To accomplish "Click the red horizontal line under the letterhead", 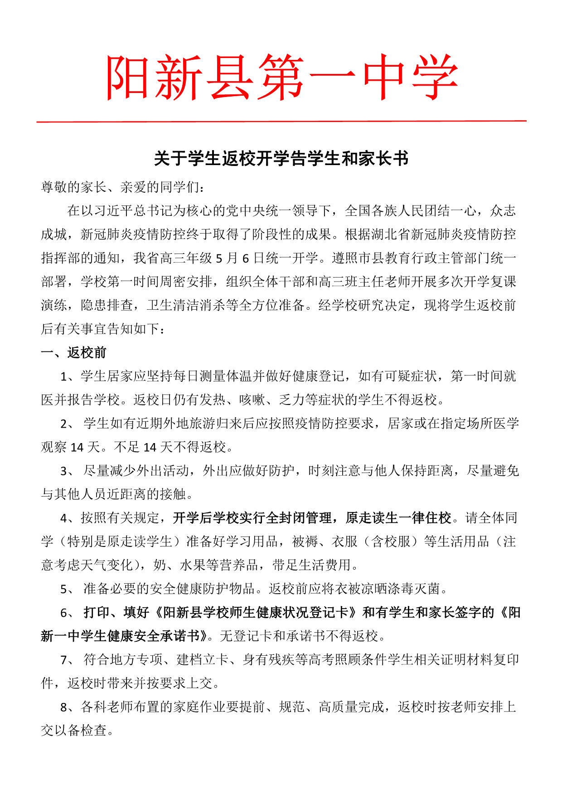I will (281, 121).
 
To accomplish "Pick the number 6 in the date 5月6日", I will (246, 258).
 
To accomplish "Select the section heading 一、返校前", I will (74, 352).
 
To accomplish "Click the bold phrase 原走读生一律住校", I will (398, 518).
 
